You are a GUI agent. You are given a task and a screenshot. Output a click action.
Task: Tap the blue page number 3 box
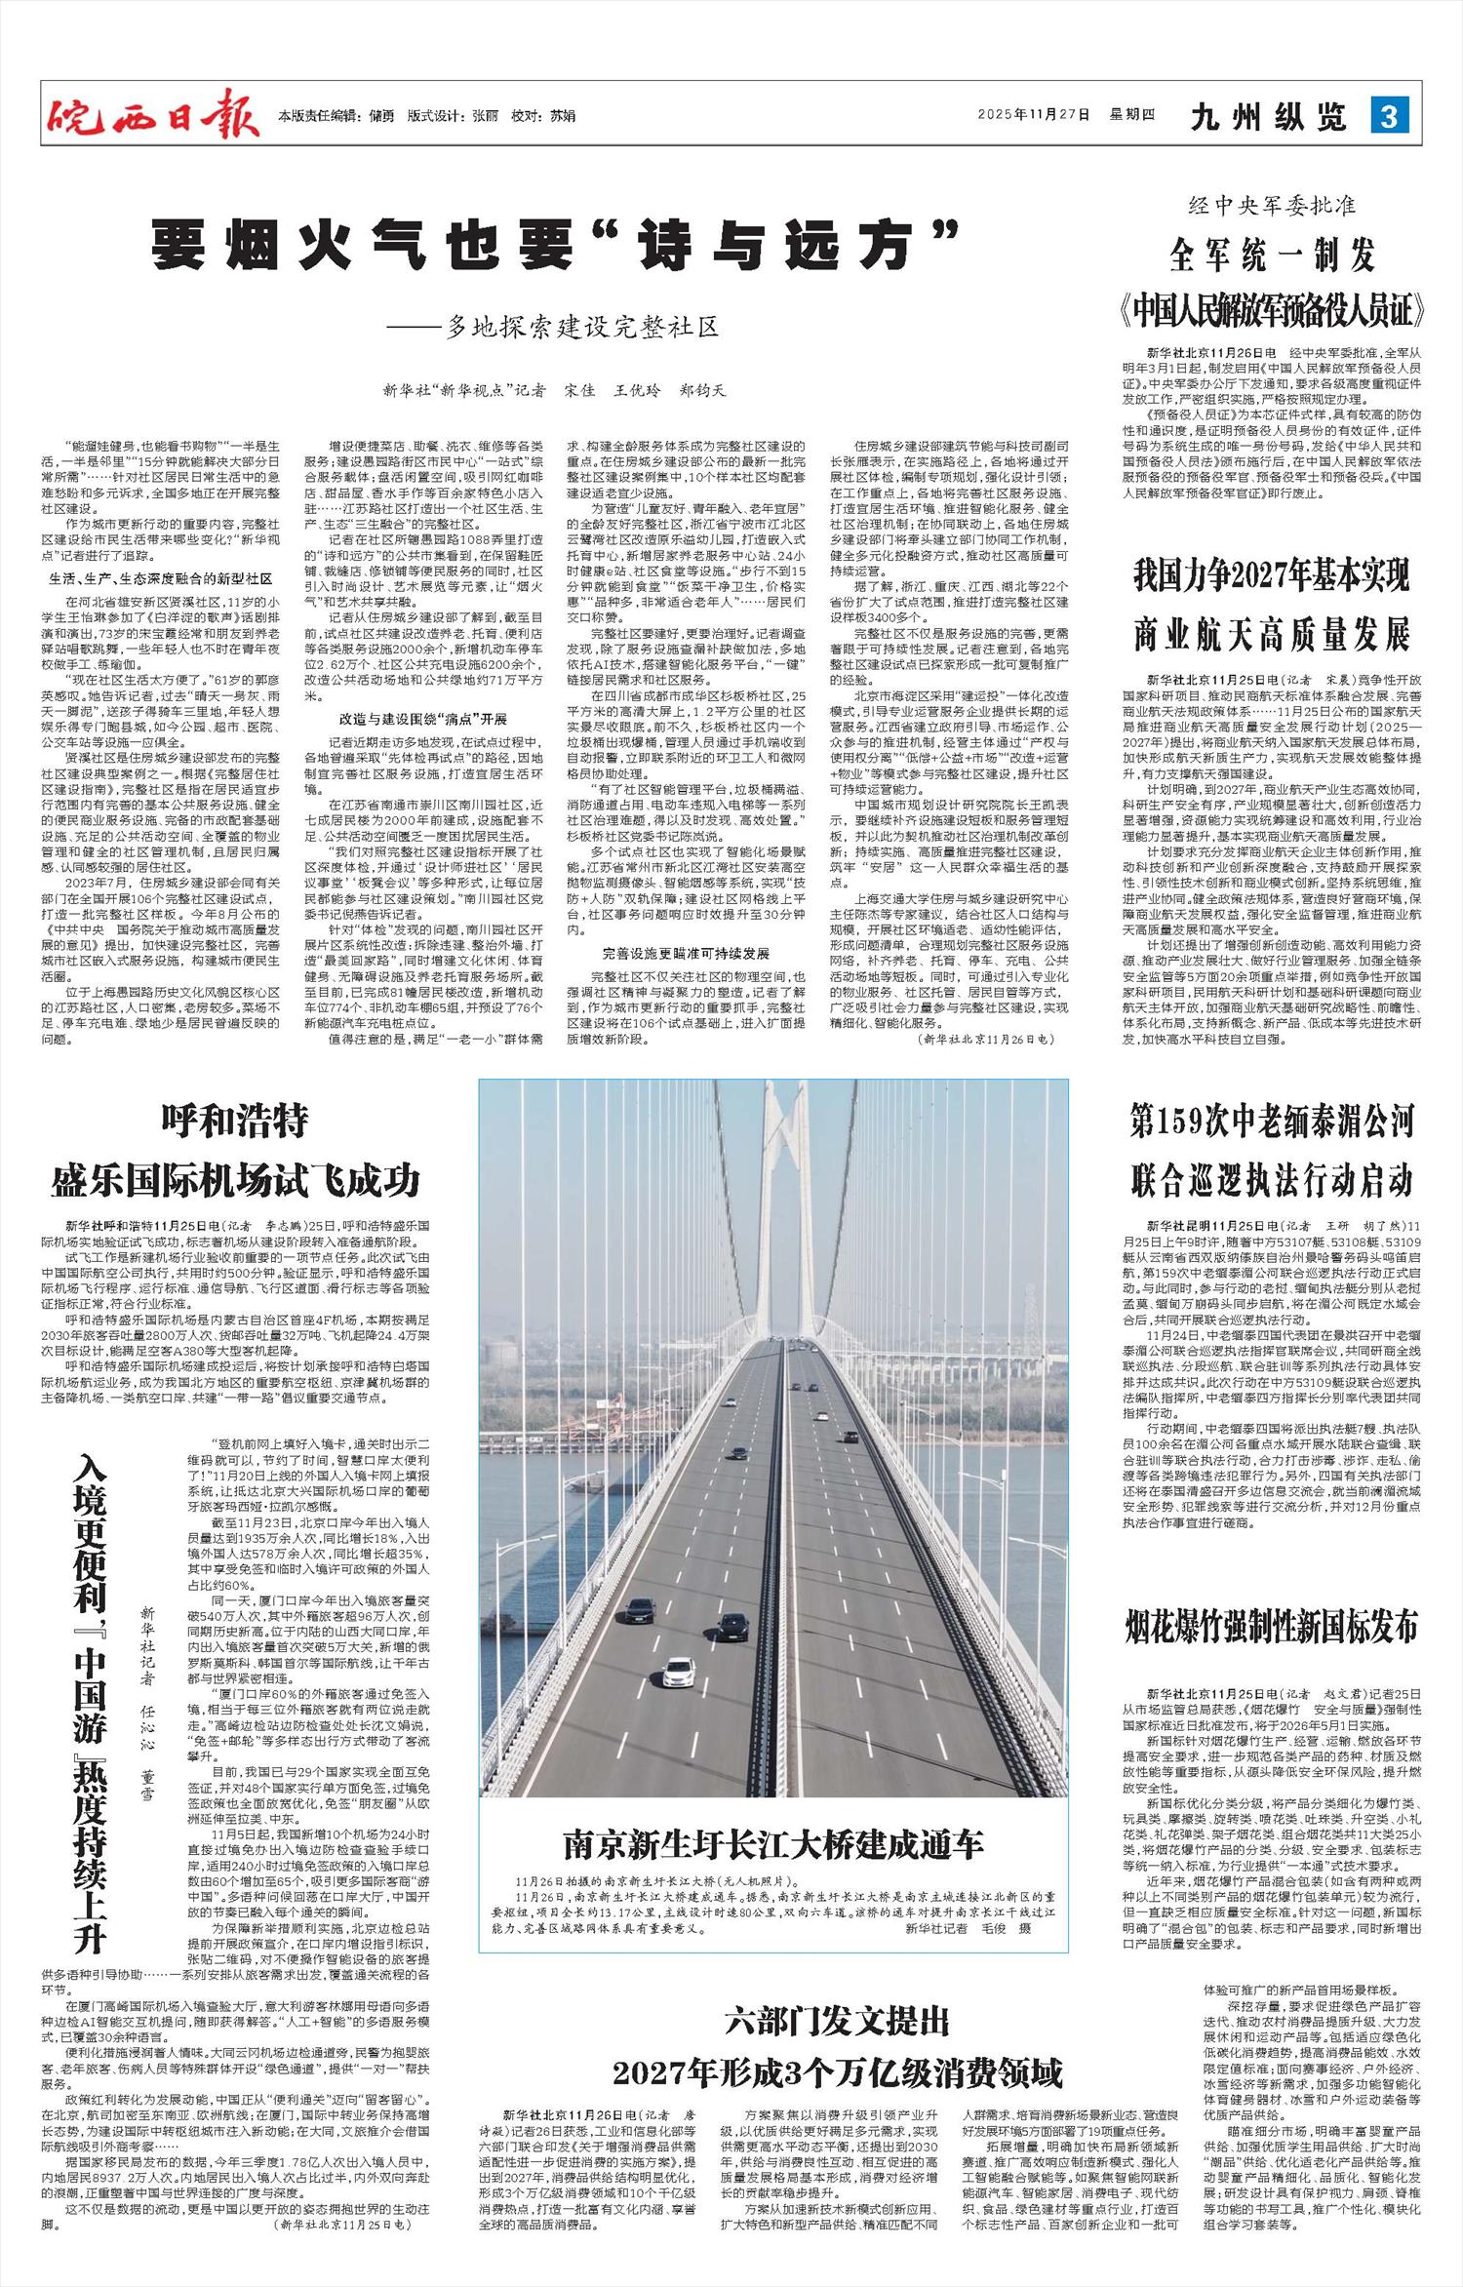point(1390,116)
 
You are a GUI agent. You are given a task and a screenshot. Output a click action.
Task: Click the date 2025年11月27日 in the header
point(1033,115)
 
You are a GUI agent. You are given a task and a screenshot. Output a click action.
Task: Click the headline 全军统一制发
point(1272,256)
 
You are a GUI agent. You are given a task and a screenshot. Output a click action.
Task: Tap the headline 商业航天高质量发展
point(1272,635)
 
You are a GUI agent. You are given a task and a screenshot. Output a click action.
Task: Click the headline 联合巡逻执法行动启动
point(1272,1180)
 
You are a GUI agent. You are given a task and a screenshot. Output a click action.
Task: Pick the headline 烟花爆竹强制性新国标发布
point(1272,1627)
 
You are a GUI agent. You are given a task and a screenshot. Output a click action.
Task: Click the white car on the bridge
point(679,1670)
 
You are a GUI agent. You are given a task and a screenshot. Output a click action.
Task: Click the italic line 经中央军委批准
point(1272,207)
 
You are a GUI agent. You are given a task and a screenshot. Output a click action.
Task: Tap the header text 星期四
point(1131,115)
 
